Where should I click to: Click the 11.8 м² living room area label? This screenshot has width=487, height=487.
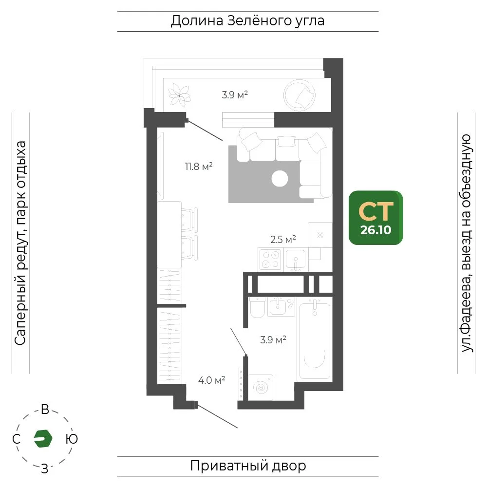(199, 167)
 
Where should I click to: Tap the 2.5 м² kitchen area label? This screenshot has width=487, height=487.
(283, 240)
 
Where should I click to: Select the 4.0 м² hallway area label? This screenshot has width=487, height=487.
(212, 380)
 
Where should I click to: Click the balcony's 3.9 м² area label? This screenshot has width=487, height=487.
(235, 95)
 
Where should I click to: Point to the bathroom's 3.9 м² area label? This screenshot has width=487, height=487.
(273, 340)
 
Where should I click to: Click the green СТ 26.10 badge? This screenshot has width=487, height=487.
(376, 218)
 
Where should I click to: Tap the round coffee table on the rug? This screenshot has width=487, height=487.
(280, 178)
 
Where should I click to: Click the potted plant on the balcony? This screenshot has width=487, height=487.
(179, 95)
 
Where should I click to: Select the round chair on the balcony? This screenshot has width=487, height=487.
(299, 95)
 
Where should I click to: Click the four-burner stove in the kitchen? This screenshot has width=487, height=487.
(270, 260)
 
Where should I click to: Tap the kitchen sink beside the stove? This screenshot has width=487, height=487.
(296, 260)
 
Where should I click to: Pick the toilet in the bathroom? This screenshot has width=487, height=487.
(258, 307)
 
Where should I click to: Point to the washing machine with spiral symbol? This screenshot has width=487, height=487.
(261, 388)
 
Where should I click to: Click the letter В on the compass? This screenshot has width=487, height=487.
(45, 410)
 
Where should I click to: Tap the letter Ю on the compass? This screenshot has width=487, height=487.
(72, 439)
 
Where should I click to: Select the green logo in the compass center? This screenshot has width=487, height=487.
(43, 439)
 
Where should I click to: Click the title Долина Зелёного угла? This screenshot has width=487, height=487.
(247, 21)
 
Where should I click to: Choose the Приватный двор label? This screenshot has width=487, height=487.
(248, 466)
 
